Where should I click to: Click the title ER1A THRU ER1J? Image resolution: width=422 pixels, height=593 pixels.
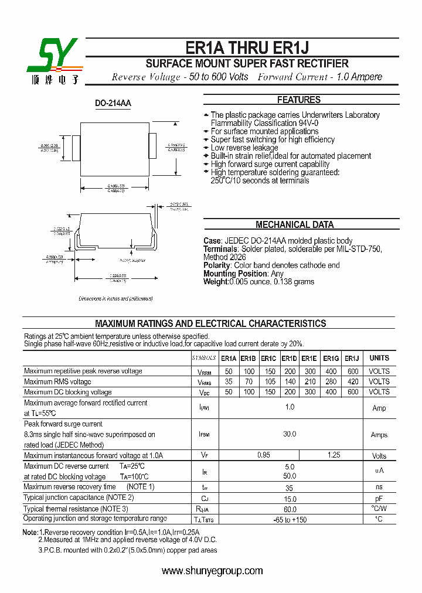pyautogui.click(x=247, y=49)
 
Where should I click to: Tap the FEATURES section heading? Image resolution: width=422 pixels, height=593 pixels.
pyautogui.click(x=299, y=100)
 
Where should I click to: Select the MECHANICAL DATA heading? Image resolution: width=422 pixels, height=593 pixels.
pyautogui.click(x=294, y=225)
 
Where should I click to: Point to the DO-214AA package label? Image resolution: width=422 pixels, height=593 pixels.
pyautogui.click(x=113, y=104)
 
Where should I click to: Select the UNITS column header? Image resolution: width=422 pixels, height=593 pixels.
pyautogui.click(x=379, y=358)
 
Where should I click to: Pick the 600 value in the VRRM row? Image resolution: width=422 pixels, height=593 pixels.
pyautogui.click(x=352, y=372)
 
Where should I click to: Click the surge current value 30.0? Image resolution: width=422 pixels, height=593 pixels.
pyautogui.click(x=290, y=434)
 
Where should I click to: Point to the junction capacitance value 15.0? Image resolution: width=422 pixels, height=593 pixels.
pyautogui.click(x=290, y=498)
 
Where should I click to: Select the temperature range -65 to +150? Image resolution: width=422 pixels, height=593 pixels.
pyautogui.click(x=290, y=520)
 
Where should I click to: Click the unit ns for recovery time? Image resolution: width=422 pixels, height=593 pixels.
pyautogui.click(x=379, y=487)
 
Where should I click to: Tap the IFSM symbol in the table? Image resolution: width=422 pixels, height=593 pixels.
pyautogui.click(x=204, y=435)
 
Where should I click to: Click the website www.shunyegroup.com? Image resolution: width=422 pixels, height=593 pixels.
pyautogui.click(x=212, y=571)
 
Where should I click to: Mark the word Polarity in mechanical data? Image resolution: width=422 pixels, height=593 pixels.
pyautogui.click(x=217, y=265)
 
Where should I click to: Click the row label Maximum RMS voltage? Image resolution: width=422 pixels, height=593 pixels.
pyautogui.click(x=57, y=382)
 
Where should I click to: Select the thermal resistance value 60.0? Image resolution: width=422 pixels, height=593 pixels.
pyautogui.click(x=290, y=509)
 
